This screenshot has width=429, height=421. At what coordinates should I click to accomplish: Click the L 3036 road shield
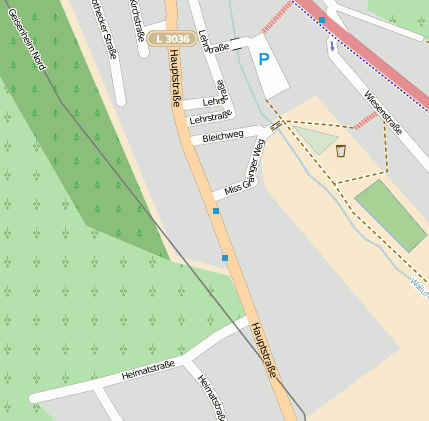pos(171,39)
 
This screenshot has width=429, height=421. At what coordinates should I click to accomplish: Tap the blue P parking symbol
pos(263,60)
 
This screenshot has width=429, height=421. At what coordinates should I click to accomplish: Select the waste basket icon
pos(342,151)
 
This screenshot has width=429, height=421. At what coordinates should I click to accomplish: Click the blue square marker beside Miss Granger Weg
pos(215,211)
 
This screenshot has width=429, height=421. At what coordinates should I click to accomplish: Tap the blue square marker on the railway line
pos(322,19)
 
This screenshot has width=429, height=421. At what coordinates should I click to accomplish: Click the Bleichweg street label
pos(222,136)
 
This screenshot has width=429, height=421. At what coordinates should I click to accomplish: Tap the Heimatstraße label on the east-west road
pos(147,369)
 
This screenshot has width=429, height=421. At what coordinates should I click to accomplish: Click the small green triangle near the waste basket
pos(315,141)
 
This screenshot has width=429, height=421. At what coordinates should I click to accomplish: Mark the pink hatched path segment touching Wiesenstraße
pos(366,120)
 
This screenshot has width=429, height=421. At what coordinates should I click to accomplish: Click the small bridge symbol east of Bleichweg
pos(275,125)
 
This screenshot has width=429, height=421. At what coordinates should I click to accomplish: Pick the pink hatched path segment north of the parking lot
pos(277,17)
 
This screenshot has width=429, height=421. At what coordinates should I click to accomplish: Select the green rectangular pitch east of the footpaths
pos(391,215)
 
